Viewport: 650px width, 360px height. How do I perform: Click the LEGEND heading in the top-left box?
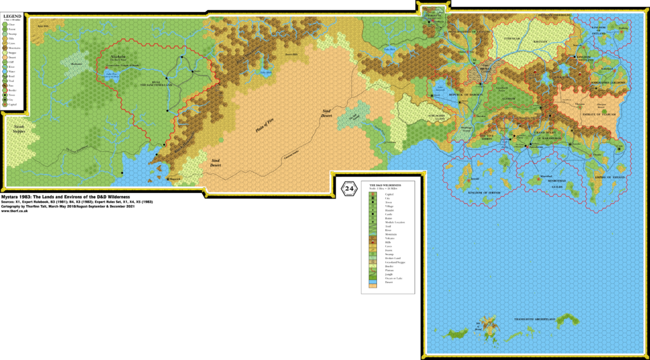[13, 16]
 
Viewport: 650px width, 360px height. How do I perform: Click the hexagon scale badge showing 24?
[348, 189]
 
